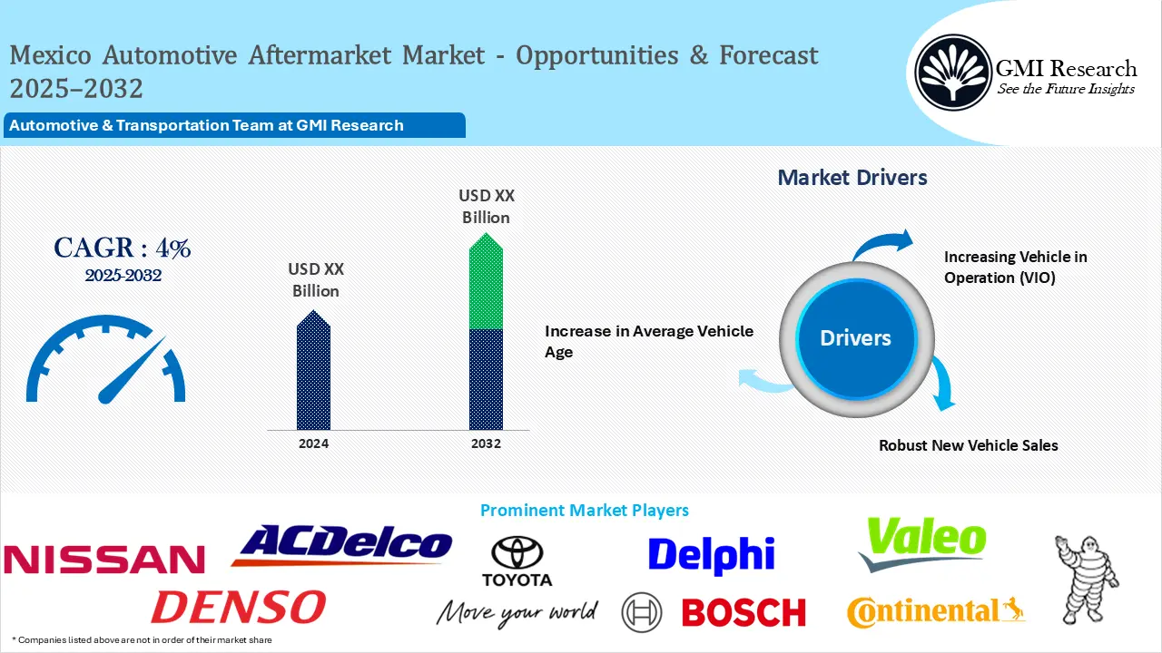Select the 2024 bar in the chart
point(314,372)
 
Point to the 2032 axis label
point(486,443)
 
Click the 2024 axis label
point(314,443)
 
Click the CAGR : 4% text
point(123,248)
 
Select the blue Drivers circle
point(855,338)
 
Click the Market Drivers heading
point(852,178)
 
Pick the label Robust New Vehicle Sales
point(968,445)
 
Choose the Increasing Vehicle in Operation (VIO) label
point(1015,268)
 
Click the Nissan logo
point(103,559)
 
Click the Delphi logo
point(711,555)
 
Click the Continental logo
point(935,612)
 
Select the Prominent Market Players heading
point(584,511)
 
